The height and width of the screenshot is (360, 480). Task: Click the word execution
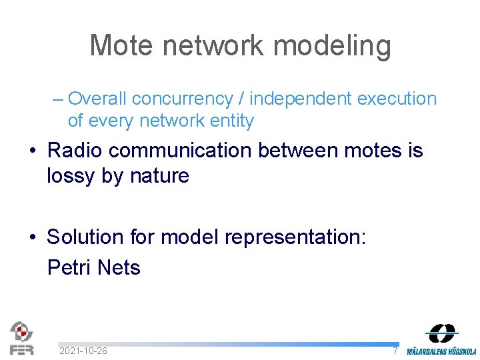(x=397, y=99)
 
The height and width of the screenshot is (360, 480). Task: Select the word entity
(x=231, y=121)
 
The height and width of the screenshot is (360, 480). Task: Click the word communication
(x=181, y=151)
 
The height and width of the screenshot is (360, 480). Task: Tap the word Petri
(x=69, y=267)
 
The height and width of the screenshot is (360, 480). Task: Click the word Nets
(x=119, y=267)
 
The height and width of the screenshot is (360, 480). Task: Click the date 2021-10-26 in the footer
(x=83, y=351)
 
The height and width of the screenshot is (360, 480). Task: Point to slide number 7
(x=395, y=351)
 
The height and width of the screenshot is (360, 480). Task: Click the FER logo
(x=21, y=338)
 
